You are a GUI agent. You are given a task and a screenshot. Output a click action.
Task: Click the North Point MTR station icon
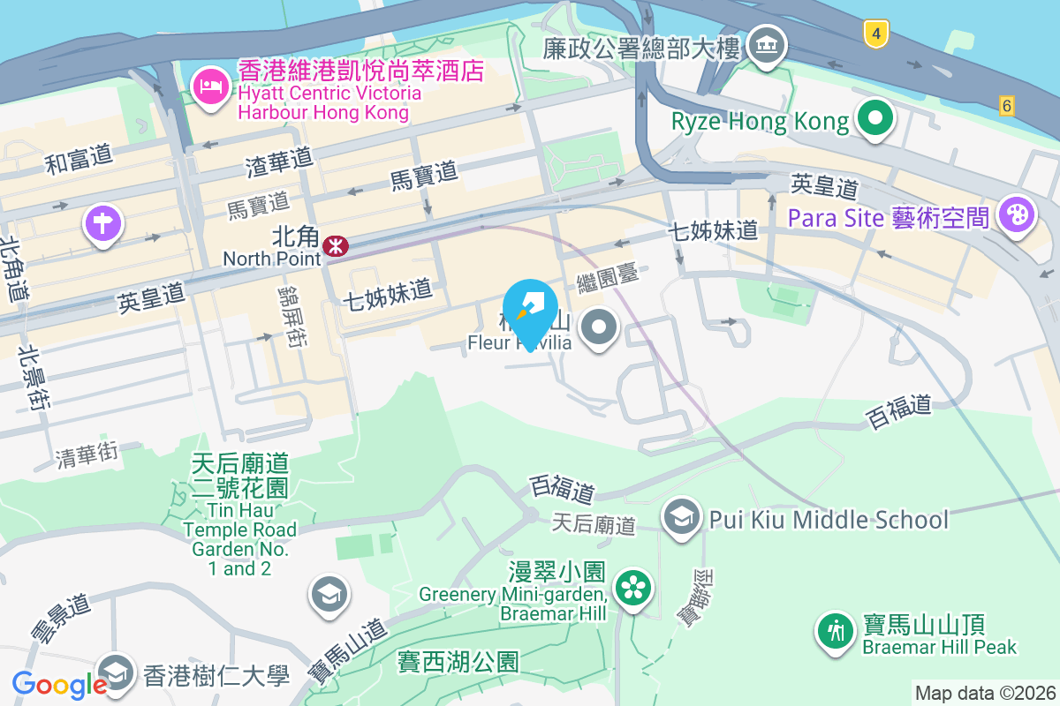[x=335, y=245]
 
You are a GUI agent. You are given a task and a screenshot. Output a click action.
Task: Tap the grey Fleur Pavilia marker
[x=600, y=328]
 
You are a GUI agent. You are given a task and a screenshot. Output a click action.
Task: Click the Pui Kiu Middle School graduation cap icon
[x=682, y=518]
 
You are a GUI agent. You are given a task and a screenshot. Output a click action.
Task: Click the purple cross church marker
[x=102, y=222]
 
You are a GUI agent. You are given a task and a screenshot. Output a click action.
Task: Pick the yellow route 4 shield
[x=874, y=34]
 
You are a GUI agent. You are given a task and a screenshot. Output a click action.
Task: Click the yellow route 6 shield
[x=1007, y=105]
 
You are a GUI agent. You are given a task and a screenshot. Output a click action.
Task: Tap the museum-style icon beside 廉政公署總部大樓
[x=766, y=47]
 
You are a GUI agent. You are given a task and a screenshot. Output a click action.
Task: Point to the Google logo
[x=60, y=684]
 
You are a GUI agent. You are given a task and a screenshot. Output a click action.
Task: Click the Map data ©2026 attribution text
[x=984, y=693]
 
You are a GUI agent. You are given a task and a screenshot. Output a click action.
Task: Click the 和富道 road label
[x=79, y=159]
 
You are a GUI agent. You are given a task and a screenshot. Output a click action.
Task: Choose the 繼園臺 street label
[x=607, y=282]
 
